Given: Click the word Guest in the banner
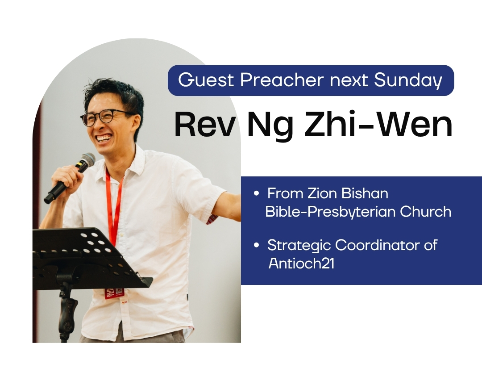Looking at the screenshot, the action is pos(206,80).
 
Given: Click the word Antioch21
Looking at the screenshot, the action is pos(301,264).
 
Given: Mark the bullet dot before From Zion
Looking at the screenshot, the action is pos(256,194).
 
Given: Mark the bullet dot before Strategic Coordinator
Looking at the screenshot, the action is pos(256,246).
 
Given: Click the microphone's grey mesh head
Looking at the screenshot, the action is pos(87,160).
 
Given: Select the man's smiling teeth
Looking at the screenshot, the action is pos(104,138).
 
